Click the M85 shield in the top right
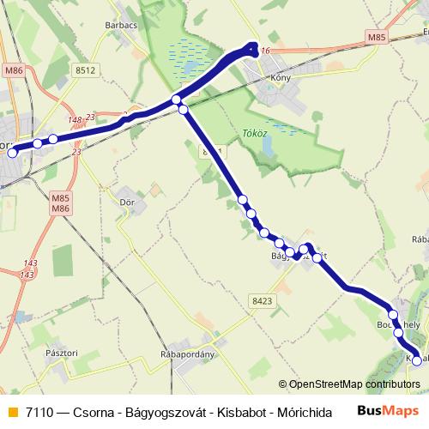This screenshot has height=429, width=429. pyautogui.click(x=375, y=38)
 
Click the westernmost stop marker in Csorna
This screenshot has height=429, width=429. pyautogui.click(x=12, y=154)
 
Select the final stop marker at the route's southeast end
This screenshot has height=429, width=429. pyautogui.click(x=417, y=361)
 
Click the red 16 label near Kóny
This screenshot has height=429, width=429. pyautogui.click(x=265, y=52)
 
